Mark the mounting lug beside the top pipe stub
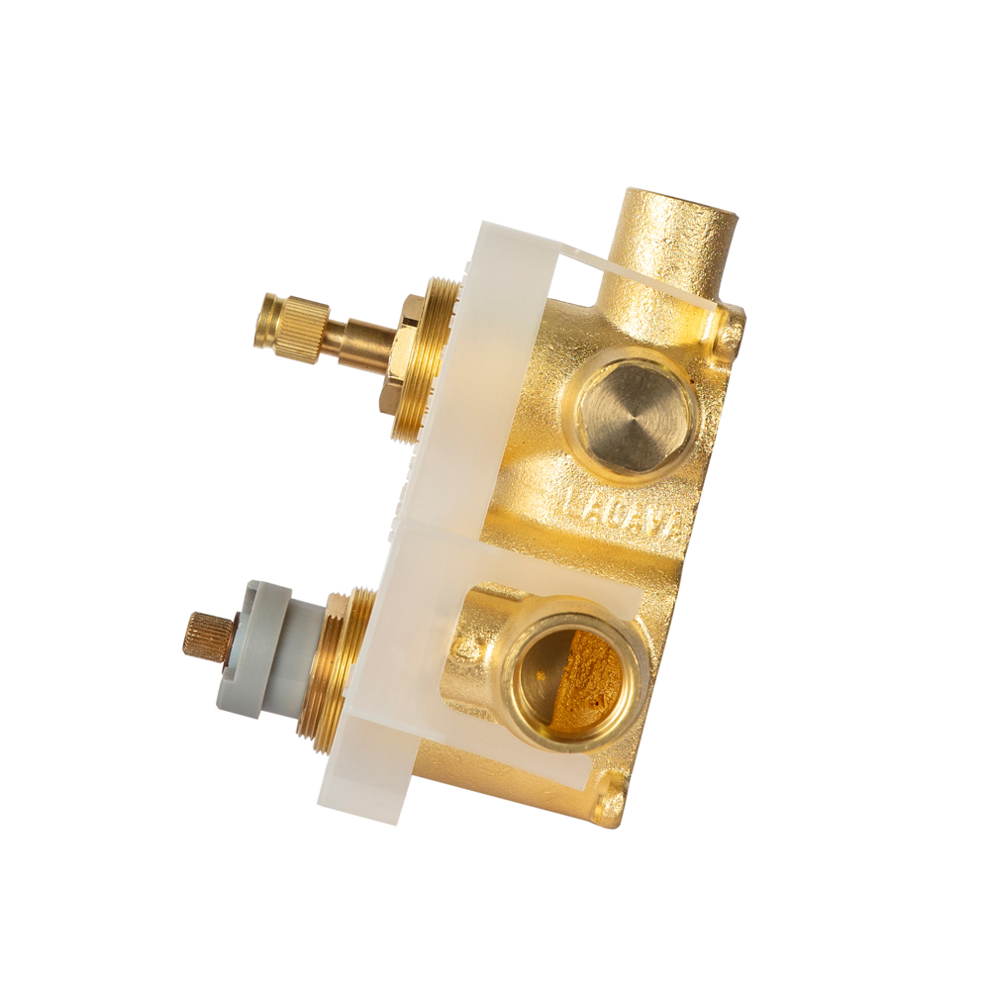tap(730, 333)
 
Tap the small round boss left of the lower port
tap(464, 649)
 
